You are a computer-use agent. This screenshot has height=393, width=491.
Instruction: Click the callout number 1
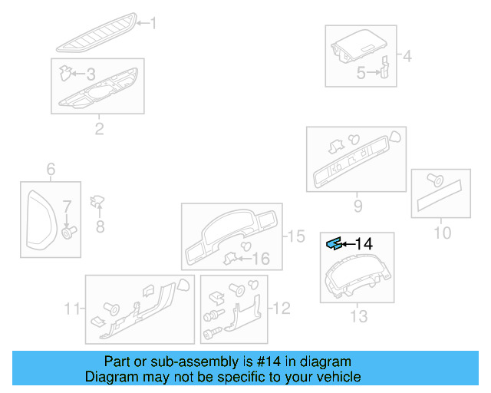coord(152,24)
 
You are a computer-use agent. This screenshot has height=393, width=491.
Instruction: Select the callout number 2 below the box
coord(99,128)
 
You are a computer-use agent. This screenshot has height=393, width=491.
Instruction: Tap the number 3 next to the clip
coord(91,74)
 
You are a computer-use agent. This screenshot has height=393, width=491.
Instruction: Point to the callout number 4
coord(407,56)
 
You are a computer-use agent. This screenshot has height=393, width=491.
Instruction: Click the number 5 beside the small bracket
coord(361,74)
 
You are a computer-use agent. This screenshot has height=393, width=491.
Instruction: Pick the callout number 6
coord(51,169)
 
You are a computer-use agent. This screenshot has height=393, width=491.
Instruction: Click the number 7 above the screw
coord(67,206)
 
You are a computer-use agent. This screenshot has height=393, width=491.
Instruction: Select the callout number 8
coord(99,226)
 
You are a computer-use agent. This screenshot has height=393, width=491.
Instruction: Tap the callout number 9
coord(358,206)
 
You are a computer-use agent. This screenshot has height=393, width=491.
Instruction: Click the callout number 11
coord(72,309)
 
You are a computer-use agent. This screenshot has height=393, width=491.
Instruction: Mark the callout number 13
coord(358,315)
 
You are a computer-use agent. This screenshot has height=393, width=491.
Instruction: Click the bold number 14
coord(364,243)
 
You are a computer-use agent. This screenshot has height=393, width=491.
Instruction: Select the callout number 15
coord(295,236)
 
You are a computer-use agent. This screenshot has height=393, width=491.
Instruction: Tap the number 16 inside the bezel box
coord(261,259)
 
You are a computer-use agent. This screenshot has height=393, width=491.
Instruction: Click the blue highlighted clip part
coord(334,243)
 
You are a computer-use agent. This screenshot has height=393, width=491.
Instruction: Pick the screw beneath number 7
coord(68,232)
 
